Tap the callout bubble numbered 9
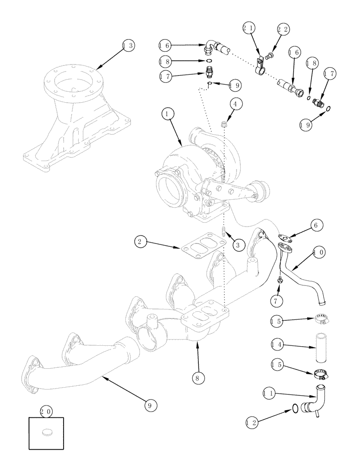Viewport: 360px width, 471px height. pos(149,404)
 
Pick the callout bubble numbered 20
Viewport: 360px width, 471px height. pos(46,412)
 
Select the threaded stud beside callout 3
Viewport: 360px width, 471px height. pos(225,232)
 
